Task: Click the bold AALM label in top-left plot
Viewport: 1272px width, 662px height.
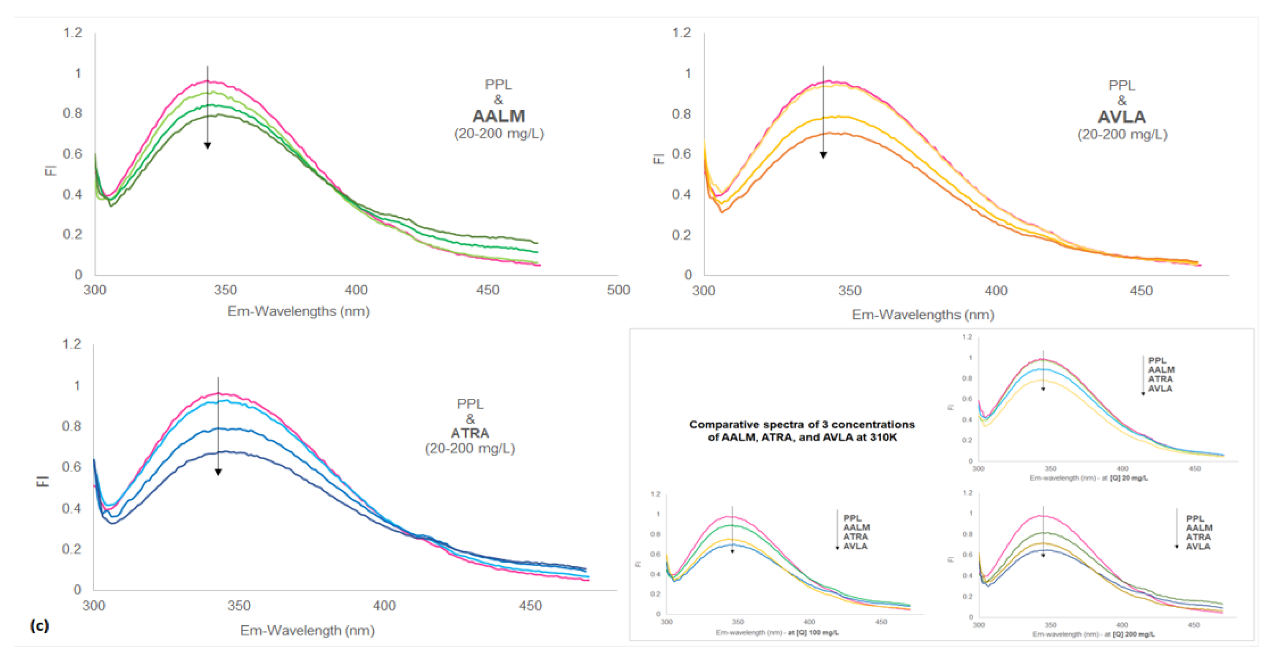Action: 499,117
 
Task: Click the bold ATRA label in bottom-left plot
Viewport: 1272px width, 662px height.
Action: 470,433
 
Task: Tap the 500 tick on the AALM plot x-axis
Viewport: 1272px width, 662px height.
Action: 618,290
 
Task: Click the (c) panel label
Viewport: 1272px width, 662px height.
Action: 40,626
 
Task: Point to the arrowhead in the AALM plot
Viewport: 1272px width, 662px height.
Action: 207,146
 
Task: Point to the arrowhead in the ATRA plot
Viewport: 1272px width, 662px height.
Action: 218,472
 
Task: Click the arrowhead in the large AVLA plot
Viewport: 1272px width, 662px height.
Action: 823,155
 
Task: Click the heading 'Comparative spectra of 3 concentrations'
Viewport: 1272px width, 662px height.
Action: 801,425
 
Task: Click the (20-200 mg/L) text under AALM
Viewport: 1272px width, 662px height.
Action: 499,134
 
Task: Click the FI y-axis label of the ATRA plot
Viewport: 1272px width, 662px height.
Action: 43,481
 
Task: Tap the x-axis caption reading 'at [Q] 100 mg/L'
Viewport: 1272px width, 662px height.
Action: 813,632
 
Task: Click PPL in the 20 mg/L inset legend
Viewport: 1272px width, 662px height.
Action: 1157,360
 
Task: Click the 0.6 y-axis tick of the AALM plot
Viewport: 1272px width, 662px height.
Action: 72,154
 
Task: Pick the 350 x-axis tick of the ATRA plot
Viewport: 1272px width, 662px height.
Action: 239,606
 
